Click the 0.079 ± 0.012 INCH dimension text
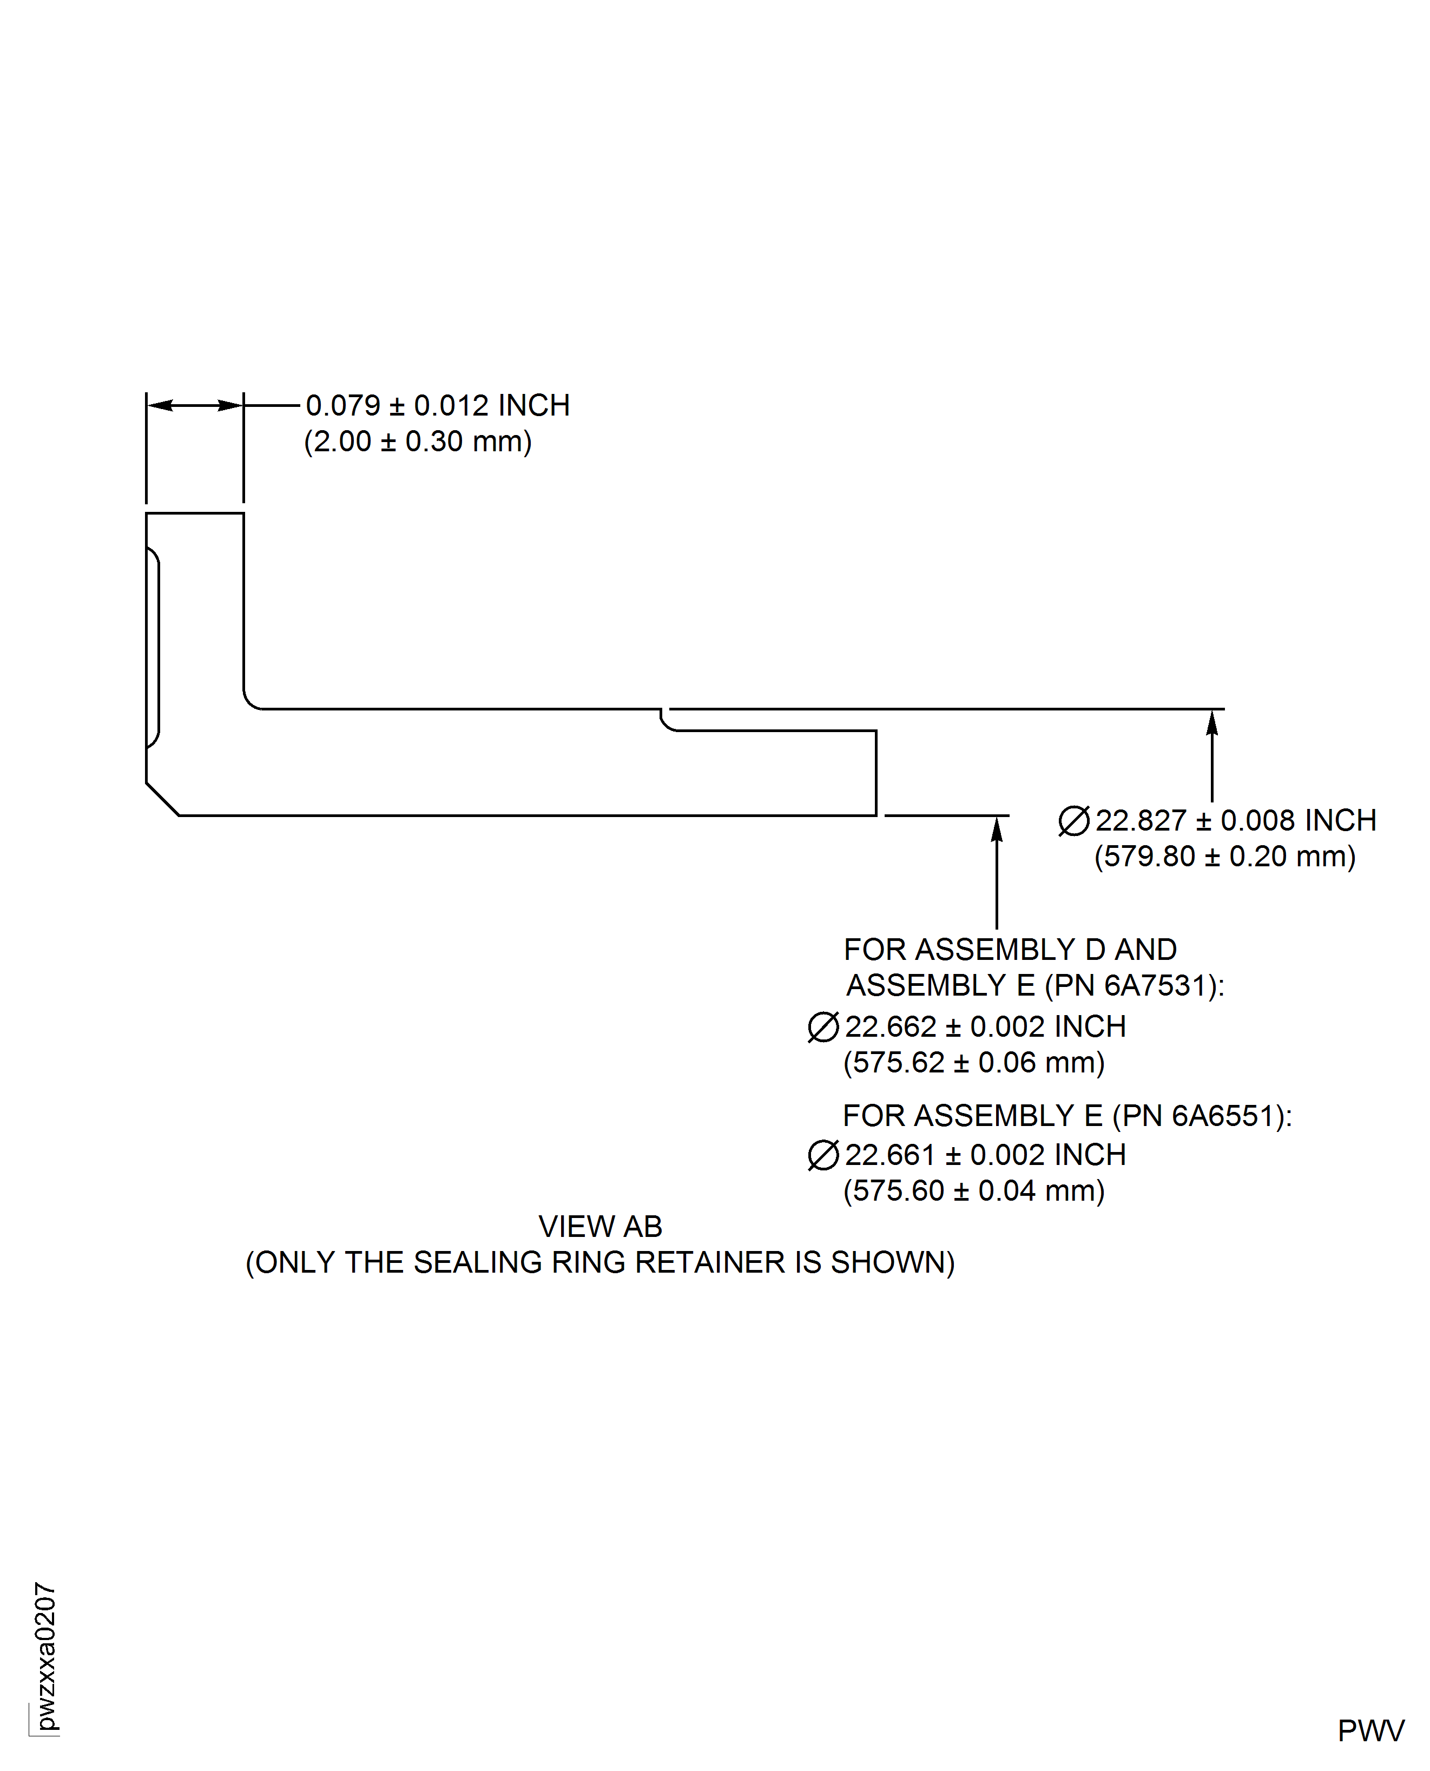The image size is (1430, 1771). (437, 405)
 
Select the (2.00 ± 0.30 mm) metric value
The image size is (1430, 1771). (418, 442)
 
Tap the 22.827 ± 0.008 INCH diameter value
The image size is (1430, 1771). (1236, 820)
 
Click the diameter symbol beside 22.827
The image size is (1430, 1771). (1073, 821)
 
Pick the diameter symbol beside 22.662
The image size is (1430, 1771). (823, 1027)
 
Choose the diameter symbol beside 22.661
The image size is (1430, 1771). (823, 1156)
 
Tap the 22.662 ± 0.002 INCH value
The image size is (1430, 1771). (985, 1027)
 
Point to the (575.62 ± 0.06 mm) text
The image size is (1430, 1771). (974, 1063)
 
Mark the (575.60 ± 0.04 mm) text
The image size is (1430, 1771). (974, 1191)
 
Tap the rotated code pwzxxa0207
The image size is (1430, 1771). (46, 1656)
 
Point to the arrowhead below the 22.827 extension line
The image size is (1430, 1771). (1212, 723)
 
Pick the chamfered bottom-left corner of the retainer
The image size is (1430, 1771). (162, 799)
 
